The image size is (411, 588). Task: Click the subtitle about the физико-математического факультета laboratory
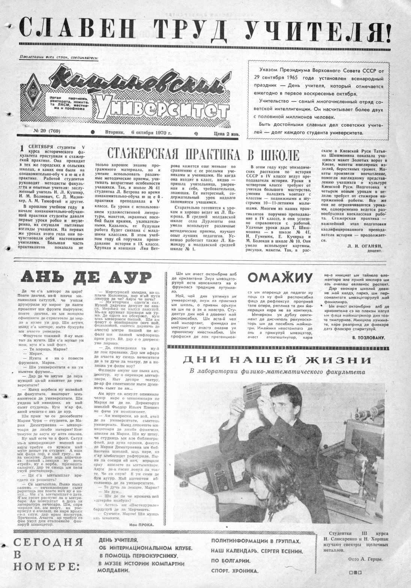[x=277, y=372]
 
